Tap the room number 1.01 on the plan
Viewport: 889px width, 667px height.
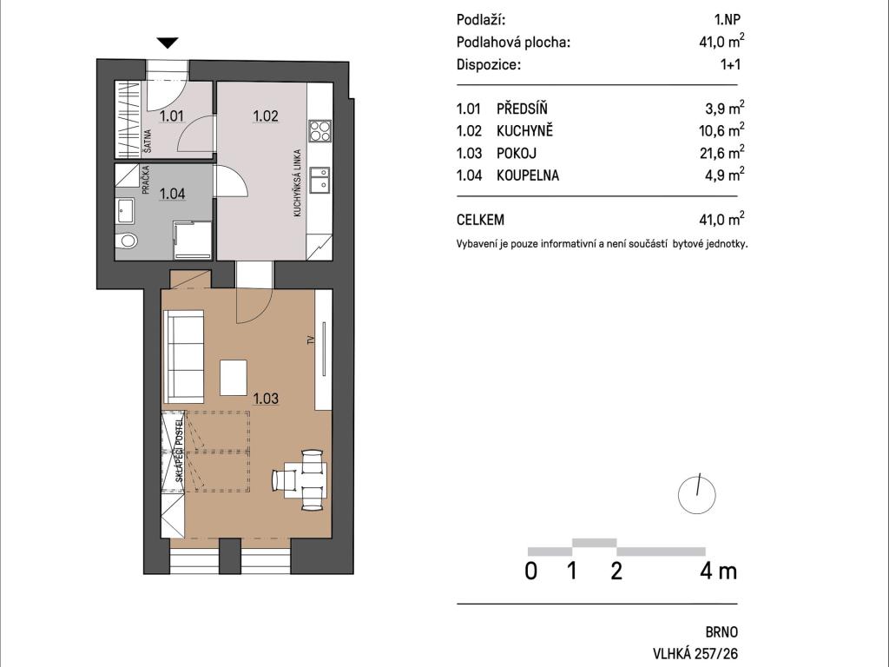coord(171,116)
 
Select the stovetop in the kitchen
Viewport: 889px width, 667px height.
coord(319,130)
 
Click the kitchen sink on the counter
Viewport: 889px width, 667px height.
coord(319,179)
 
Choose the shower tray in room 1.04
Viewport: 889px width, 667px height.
coord(192,241)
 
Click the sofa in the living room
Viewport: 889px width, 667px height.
coord(183,356)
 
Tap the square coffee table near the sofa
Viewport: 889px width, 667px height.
coord(233,377)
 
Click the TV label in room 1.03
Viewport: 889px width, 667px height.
coord(310,340)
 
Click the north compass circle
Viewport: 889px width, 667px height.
coord(697,494)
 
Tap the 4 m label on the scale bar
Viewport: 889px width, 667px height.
coord(718,571)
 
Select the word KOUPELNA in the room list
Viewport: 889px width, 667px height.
coord(528,175)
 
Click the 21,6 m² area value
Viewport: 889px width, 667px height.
coord(721,152)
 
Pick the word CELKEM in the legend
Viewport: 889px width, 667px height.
coord(480,220)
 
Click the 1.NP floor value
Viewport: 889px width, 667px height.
coord(727,19)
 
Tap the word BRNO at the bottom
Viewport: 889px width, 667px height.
coord(721,632)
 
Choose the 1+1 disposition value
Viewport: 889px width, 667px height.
coord(730,64)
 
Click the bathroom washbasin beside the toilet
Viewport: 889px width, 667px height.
coord(125,211)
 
